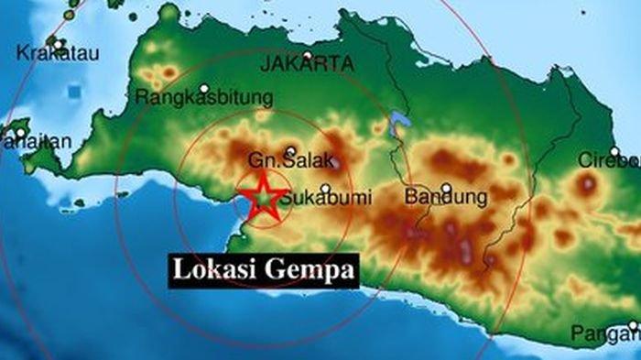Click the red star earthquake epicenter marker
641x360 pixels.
262,197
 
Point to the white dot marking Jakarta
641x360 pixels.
309,55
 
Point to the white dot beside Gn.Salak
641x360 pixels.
290,152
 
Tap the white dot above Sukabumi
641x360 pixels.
325,188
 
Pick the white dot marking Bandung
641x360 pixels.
446,189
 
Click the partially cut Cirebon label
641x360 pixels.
608,161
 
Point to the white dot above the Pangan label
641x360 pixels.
633,325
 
